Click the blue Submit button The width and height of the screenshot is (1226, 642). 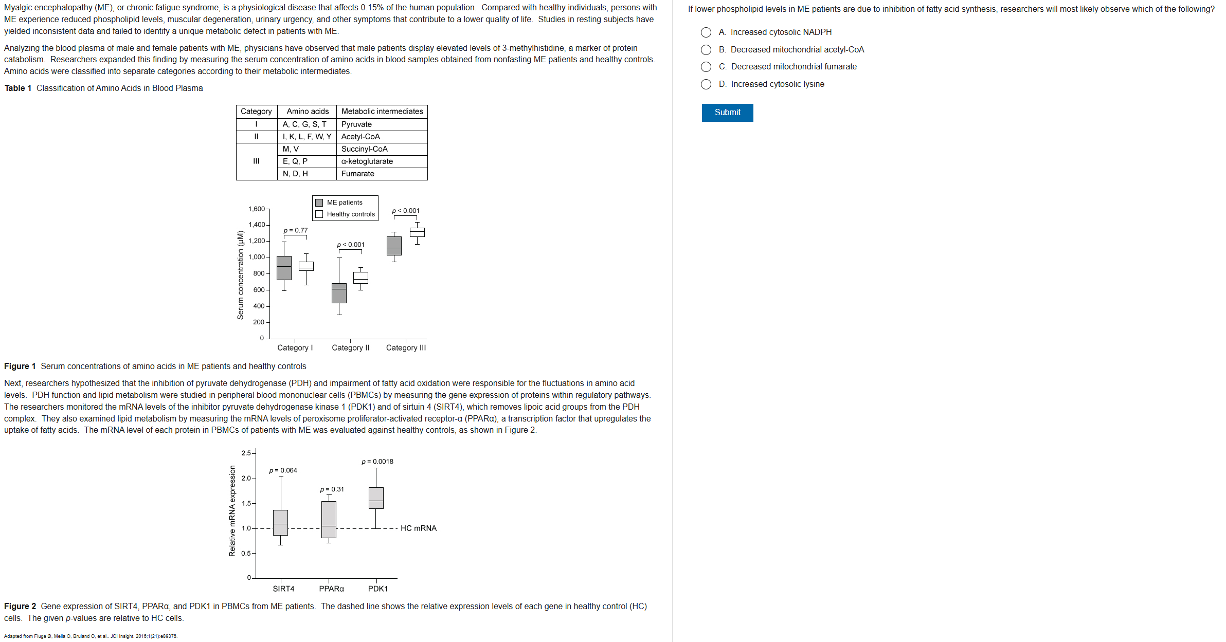(727, 113)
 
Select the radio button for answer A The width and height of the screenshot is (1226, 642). (706, 32)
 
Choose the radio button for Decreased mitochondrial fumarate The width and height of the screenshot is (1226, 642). (706, 67)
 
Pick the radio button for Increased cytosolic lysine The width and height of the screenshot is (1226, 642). (706, 84)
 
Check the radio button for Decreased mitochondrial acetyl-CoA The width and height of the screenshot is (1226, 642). (706, 50)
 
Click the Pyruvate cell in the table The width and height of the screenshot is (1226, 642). (382, 124)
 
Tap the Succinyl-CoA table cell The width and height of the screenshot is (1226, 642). (382, 149)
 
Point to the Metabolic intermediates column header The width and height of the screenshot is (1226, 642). (382, 112)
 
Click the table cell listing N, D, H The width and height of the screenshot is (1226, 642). (306, 174)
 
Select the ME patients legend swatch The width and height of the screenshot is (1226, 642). (319, 203)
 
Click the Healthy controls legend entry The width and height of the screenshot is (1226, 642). (351, 214)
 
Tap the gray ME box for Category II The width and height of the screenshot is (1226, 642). (339, 293)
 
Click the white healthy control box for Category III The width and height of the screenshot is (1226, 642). (417, 232)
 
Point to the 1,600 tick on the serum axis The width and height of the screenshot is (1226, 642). (257, 209)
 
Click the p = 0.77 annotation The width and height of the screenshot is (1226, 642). (296, 230)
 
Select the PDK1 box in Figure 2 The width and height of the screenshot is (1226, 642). (376, 498)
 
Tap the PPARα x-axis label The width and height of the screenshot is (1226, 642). (331, 589)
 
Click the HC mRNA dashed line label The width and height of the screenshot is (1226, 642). (419, 528)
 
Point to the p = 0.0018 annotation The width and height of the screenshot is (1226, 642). (377, 462)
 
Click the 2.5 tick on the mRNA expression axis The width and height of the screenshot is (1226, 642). (246, 453)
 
